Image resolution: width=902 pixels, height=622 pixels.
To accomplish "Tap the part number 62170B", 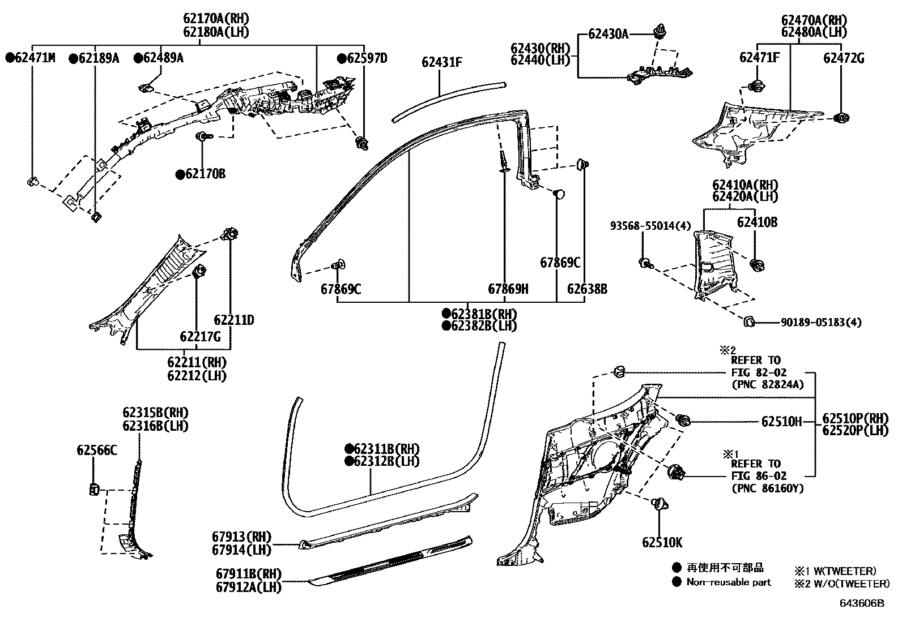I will pyautogui.click(x=201, y=174).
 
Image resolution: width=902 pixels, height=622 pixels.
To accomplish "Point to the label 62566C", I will pyautogui.click(x=97, y=451).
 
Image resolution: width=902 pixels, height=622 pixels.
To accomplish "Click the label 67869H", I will pyautogui.click(x=508, y=289).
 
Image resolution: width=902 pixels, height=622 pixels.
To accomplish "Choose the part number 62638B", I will pyautogui.click(x=587, y=289).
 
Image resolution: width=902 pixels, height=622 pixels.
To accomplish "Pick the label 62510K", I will pyautogui.click(x=662, y=543).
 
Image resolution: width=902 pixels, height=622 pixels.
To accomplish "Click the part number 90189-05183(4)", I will pyautogui.click(x=820, y=323).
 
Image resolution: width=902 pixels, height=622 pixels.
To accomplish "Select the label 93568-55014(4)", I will pyautogui.click(x=650, y=226).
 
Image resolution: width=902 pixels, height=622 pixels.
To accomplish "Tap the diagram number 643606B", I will pyautogui.click(x=861, y=603).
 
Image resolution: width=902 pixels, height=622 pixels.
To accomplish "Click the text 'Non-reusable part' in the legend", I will pyautogui.click(x=729, y=582).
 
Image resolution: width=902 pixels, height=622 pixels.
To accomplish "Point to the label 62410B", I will pyautogui.click(x=757, y=222).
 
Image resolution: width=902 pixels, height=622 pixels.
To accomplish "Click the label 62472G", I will pyautogui.click(x=844, y=58).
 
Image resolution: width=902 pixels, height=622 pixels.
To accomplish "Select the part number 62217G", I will pyautogui.click(x=200, y=337).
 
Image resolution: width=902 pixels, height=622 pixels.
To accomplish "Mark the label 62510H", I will pyautogui.click(x=781, y=422).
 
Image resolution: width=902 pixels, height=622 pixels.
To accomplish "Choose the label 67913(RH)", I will pyautogui.click(x=242, y=537).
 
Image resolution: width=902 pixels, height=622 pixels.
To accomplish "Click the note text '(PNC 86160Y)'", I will pyautogui.click(x=767, y=488).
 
